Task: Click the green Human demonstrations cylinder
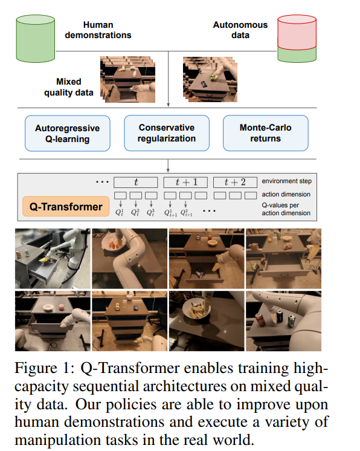coord(36,39)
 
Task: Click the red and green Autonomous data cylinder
coord(297,39)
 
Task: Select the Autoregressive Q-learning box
coord(68,134)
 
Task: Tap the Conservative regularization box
coord(167,133)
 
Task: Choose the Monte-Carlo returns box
coord(266,133)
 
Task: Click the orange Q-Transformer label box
coord(66,207)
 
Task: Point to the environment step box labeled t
coord(136,183)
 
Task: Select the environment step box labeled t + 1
coord(185,183)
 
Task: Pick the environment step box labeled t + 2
coord(235,183)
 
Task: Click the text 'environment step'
coord(286,181)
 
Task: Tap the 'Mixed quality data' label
coord(69,87)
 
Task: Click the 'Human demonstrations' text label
coord(98,30)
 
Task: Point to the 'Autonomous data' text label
coord(240,30)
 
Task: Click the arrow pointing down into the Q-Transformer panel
coord(168,166)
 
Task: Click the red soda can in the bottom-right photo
coord(260,319)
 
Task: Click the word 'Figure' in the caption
coord(36,369)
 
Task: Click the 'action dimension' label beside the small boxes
coord(286,195)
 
